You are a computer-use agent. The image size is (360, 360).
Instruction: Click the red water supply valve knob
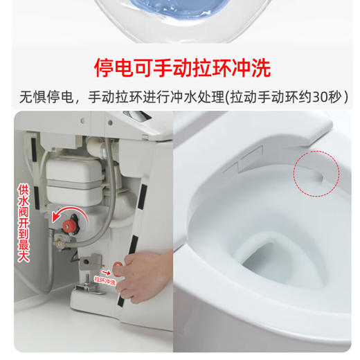click(71, 225)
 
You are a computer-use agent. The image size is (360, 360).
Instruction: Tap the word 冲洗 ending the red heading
click(249, 68)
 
